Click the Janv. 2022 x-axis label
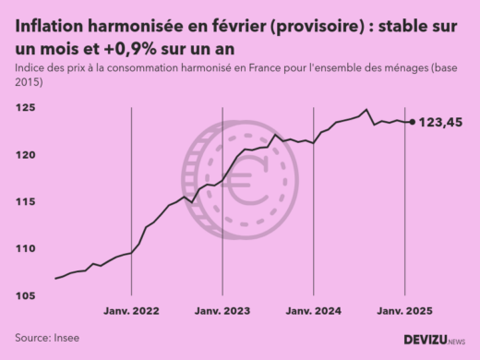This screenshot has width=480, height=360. (132, 312)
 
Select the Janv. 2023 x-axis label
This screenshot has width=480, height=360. (222, 312)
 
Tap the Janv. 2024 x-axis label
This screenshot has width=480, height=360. (314, 312)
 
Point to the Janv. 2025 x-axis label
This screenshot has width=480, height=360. (404, 312)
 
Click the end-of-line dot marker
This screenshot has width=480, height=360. (412, 122)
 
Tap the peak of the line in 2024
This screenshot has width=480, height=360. (366, 110)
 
